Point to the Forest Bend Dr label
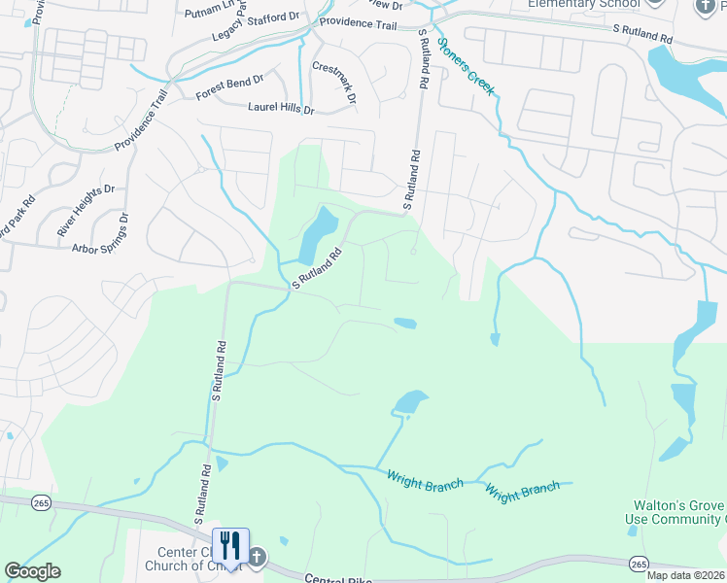[229, 88]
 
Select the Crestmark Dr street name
[334, 83]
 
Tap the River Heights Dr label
[87, 211]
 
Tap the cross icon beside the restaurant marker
[256, 557]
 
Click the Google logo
[32, 571]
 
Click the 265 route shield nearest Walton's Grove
[638, 564]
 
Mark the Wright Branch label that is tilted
[522, 491]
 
